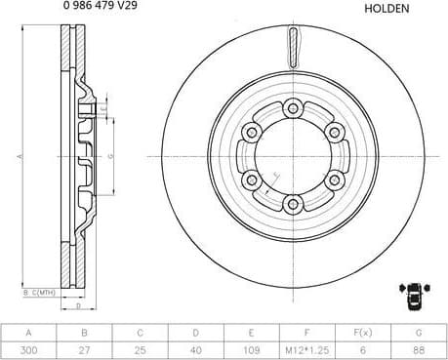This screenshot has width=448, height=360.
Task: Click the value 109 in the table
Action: (251, 348)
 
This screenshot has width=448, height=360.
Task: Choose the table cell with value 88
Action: (418, 348)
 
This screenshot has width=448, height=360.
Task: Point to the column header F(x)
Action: (362, 331)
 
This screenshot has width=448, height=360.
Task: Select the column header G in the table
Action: (418, 331)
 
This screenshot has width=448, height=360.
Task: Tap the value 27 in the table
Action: (84, 348)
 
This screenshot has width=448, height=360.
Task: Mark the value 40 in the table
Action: (195, 348)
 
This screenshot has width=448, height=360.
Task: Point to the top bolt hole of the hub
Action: (292, 110)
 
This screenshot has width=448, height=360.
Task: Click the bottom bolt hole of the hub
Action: (292, 204)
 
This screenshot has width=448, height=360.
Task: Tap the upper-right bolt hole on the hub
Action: (333, 133)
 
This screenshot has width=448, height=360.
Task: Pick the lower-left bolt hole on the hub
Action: (252, 180)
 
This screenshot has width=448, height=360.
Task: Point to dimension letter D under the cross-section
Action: (78, 305)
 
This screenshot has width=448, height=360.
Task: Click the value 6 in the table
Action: (362, 348)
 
